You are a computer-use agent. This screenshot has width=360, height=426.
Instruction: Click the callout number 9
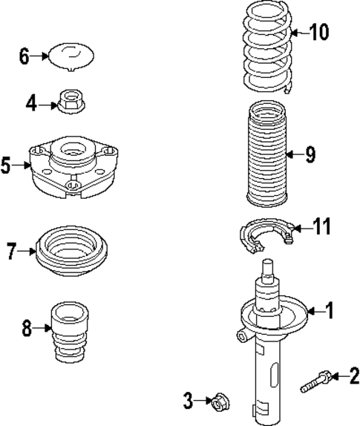[x=310, y=154]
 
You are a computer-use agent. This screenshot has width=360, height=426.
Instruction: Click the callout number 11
[x=321, y=226]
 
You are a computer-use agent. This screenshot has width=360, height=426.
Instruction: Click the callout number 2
[x=353, y=377]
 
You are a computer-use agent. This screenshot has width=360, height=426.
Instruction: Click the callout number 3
[x=189, y=402]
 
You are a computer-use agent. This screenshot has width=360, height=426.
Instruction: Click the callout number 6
[x=24, y=56]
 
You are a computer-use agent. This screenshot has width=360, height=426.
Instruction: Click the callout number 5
[x=6, y=165]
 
